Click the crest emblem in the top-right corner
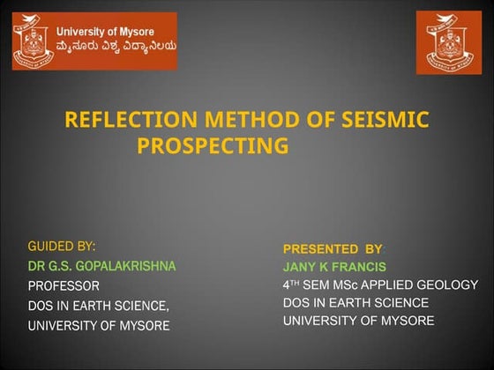coord(449,42)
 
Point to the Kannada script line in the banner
coord(115,49)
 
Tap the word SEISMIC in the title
coord(379,120)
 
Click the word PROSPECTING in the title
coord(213,144)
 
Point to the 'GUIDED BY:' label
coord(62,245)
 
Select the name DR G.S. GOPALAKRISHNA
coord(102,265)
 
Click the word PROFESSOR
coord(64,285)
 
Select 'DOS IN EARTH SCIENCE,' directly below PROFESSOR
coord(99,306)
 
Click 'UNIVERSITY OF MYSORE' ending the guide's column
coord(99,326)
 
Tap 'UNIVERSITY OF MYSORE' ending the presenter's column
coord(358,321)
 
